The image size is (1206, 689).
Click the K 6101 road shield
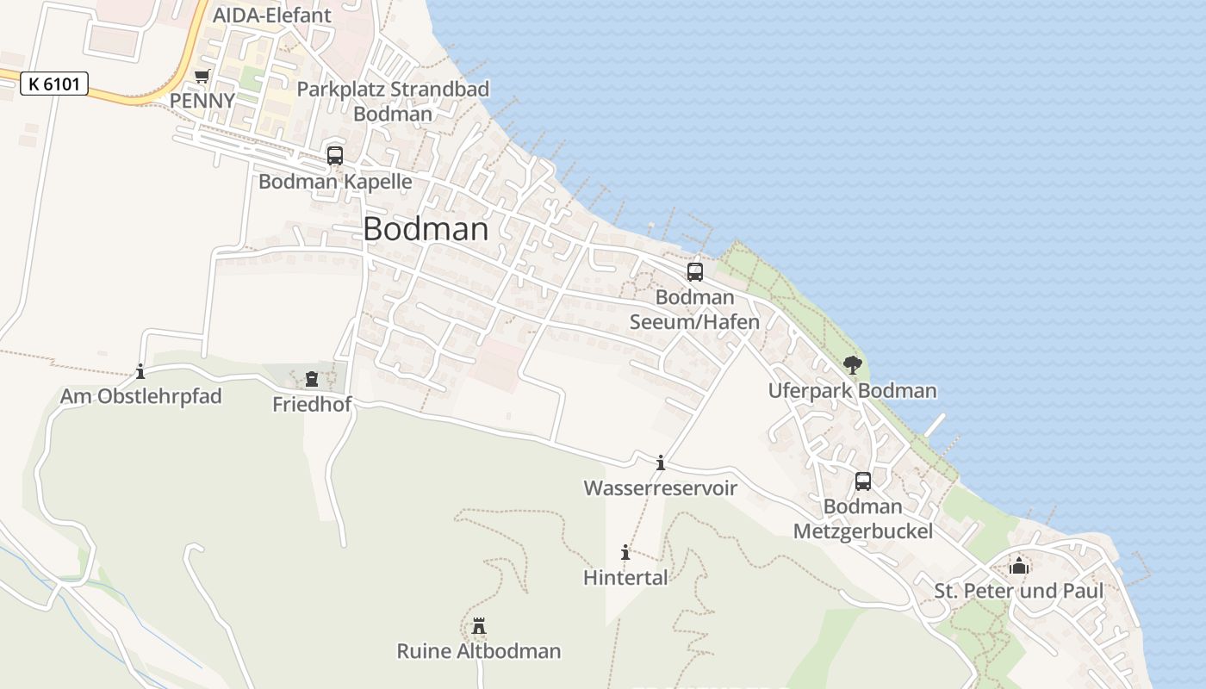pyautogui.click(x=53, y=84)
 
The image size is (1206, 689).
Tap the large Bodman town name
pyautogui.click(x=426, y=229)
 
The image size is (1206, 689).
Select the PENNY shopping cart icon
pyautogui.click(x=202, y=76)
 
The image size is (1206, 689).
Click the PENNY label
pyautogui.click(x=202, y=101)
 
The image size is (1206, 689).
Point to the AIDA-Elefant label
pyautogui.click(x=271, y=16)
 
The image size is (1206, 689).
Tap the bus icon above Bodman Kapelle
pyautogui.click(x=335, y=156)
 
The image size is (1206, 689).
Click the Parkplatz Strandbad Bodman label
pyautogui.click(x=393, y=101)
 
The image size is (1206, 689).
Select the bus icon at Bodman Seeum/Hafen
pyautogui.click(x=695, y=272)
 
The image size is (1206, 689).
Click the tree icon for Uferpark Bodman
pyautogui.click(x=853, y=365)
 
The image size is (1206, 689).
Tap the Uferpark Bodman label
pyautogui.click(x=852, y=391)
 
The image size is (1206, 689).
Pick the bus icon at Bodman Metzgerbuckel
pyautogui.click(x=863, y=481)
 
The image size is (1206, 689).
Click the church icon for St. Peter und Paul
pyautogui.click(x=1019, y=566)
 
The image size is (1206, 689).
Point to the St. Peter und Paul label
pyautogui.click(x=1019, y=592)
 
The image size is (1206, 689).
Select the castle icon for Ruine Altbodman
pyautogui.click(x=479, y=626)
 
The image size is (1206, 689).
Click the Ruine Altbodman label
pyautogui.click(x=479, y=651)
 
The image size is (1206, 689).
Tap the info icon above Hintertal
pyautogui.click(x=625, y=553)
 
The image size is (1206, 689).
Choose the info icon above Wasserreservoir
pyautogui.click(x=661, y=463)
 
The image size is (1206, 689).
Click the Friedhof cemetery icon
pyautogui.click(x=312, y=379)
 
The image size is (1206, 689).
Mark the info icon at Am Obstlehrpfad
pyautogui.click(x=140, y=372)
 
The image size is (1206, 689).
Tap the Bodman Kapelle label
pyautogui.click(x=335, y=183)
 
